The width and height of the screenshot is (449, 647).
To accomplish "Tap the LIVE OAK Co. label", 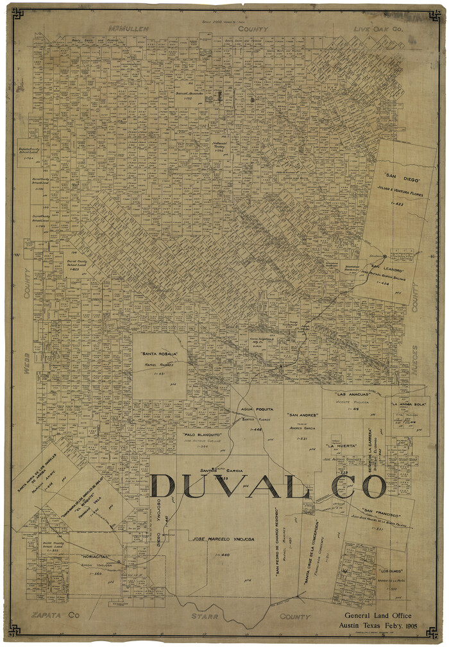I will pyautogui.click(x=379, y=30).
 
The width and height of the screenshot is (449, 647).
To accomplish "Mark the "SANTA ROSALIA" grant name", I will pyautogui.click(x=158, y=354).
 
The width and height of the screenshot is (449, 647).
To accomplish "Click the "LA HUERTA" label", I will pyautogui.click(x=341, y=445).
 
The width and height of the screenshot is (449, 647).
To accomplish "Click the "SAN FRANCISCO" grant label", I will pyautogui.click(x=381, y=515).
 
